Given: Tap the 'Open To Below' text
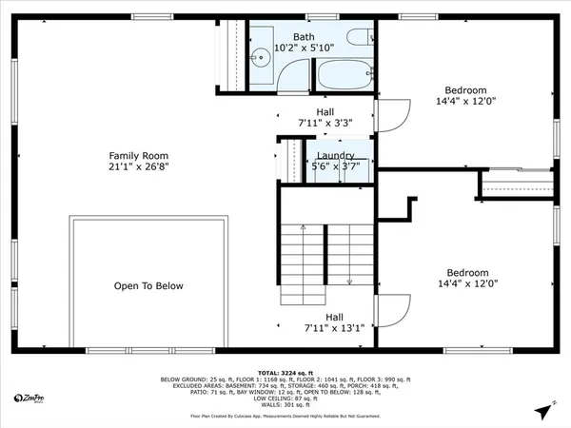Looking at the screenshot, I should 148,285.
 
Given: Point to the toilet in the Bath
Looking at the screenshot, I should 360,38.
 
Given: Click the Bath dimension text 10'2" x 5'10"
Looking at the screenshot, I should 304,49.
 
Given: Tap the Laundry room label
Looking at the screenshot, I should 335,156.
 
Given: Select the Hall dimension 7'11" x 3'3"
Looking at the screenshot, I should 325,123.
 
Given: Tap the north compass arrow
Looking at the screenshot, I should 542,411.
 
